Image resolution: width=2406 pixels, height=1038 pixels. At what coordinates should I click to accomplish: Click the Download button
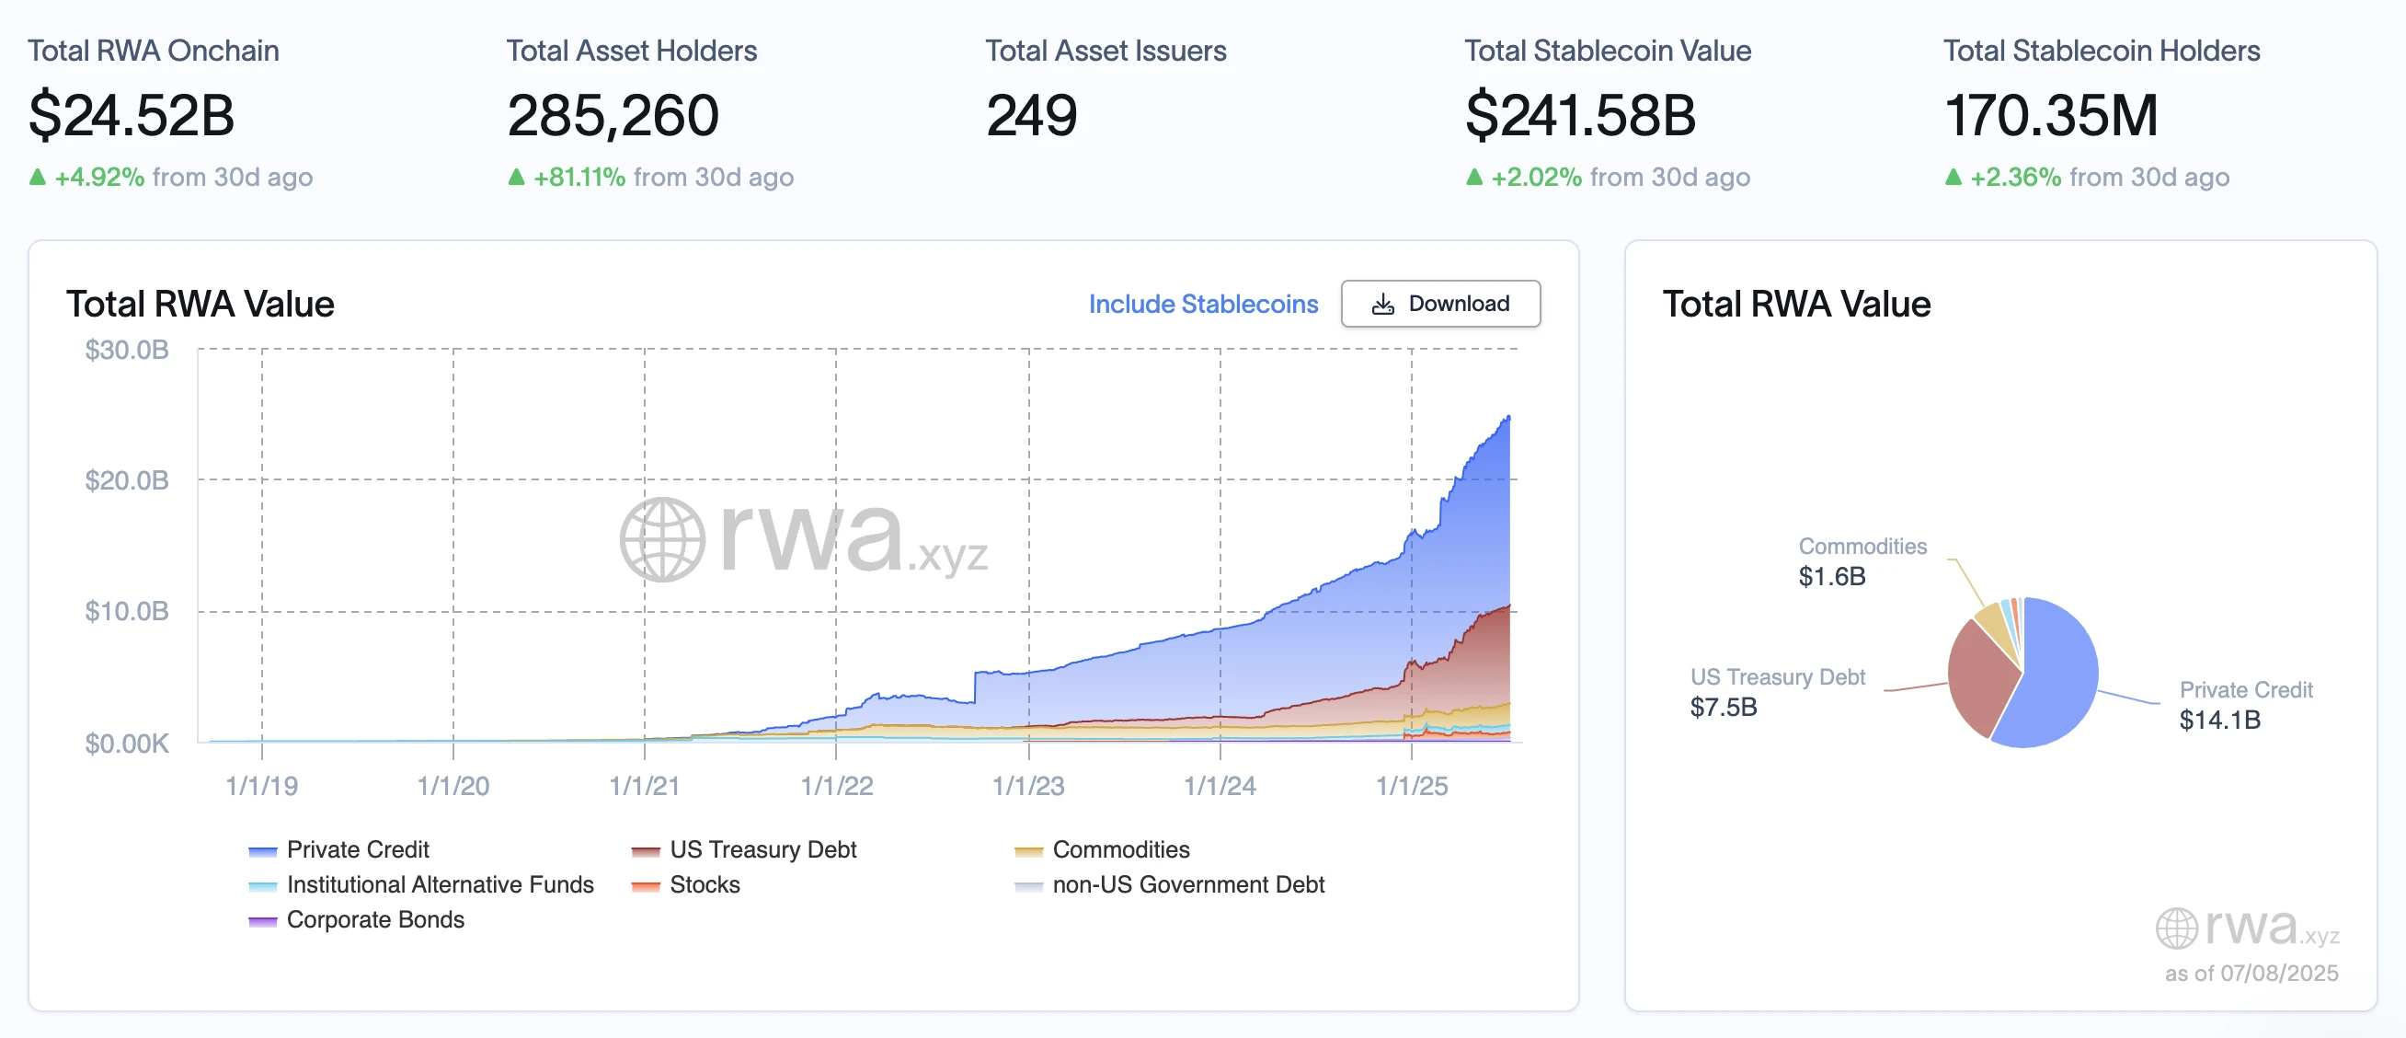point(1440,304)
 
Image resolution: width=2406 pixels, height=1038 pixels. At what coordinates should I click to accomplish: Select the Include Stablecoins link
point(1202,304)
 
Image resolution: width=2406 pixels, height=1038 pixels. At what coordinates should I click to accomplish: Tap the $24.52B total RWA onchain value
point(131,116)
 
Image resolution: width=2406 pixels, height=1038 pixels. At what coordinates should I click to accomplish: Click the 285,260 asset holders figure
point(613,116)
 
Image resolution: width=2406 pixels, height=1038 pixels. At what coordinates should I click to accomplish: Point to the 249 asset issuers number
point(1031,116)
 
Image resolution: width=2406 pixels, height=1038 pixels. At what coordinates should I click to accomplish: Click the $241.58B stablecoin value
point(1579,116)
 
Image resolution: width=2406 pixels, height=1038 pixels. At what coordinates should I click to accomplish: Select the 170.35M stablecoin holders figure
point(2050,116)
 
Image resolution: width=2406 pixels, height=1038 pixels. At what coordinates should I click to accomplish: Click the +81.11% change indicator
point(578,177)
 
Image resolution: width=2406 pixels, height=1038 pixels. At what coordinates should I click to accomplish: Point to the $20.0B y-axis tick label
point(127,480)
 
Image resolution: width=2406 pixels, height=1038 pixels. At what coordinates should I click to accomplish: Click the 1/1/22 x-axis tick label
point(836,786)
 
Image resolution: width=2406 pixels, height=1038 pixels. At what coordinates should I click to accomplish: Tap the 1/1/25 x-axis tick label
point(1411,786)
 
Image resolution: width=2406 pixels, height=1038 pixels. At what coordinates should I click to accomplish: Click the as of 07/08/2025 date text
point(2251,973)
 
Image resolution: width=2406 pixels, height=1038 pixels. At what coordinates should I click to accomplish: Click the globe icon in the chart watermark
point(662,539)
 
